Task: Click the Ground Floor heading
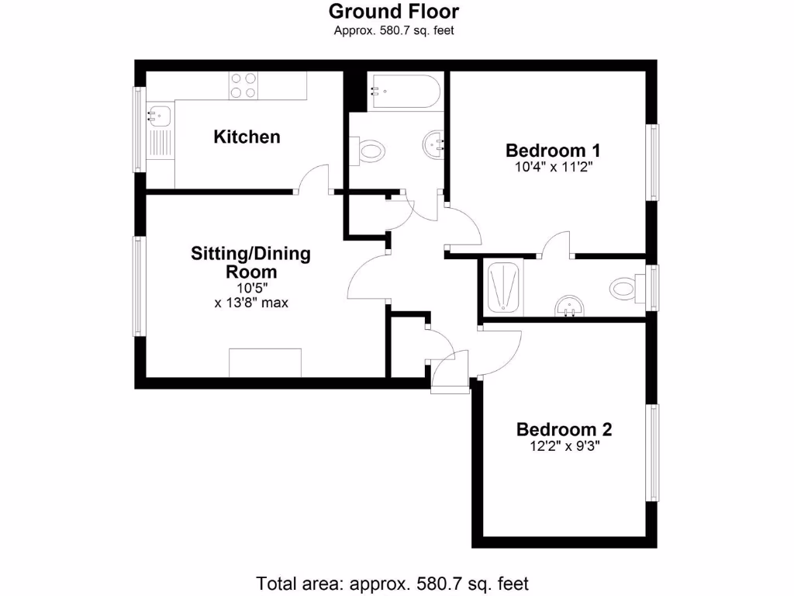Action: coord(393,12)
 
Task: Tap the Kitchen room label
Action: coord(247,137)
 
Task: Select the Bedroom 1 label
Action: coord(553,151)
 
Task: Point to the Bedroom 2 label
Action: coord(564,429)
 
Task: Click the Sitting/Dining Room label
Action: coord(250,262)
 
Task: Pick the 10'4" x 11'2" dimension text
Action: coord(553,166)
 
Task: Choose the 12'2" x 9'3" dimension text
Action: coord(564,446)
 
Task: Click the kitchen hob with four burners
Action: coord(243,85)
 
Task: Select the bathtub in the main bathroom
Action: coord(404,92)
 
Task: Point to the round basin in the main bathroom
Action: coord(433,144)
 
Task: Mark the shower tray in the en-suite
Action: coord(504,287)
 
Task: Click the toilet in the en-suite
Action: coord(625,289)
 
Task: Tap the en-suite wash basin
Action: coord(571,307)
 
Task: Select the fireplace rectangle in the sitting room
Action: coord(265,363)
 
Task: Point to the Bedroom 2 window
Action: coord(654,452)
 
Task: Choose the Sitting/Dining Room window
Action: coord(140,286)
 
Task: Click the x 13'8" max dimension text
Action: coord(251,303)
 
